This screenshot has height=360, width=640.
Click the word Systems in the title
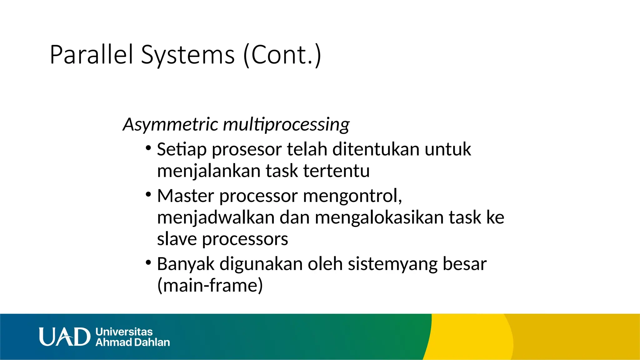pos(187,55)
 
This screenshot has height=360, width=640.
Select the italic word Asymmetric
pos(170,124)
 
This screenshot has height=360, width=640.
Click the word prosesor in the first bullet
pos(247,149)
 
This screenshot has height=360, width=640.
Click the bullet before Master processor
pos(148,194)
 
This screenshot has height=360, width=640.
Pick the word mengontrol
pos(352,196)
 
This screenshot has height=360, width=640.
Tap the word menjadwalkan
pos(216,217)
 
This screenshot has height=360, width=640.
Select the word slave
pos(177,239)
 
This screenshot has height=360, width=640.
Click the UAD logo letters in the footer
pos(64,337)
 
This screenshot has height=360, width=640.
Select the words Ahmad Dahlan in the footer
pos(133,342)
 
